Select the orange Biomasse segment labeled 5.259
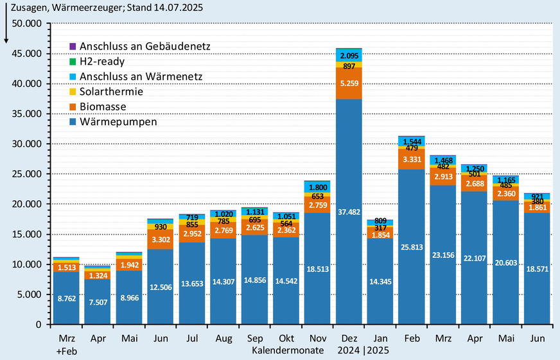(349, 83)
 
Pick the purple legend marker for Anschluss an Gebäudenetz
(73, 47)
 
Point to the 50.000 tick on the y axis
(24, 23)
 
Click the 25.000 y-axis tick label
(24, 174)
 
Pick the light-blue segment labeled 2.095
(349, 55)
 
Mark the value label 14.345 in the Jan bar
(380, 280)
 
